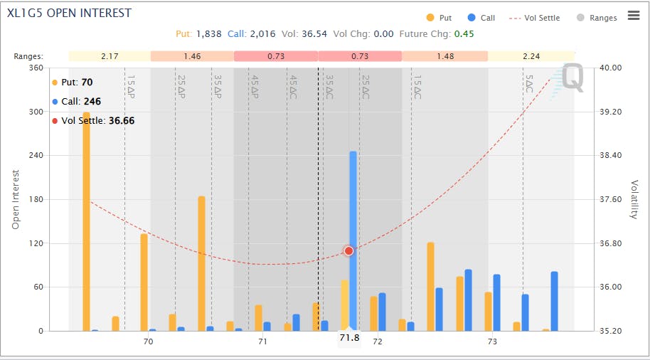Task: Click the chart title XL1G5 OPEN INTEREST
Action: [69, 14]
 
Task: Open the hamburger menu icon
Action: [634, 16]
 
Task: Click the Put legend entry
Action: [439, 18]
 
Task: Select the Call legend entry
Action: [481, 18]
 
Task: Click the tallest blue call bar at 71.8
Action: [353, 242]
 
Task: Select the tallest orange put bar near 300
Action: [87, 221]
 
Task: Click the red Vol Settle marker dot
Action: [348, 251]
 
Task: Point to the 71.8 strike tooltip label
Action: [349, 338]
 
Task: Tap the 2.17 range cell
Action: [110, 56]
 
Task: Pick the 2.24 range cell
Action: [531, 56]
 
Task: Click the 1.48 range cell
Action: [444, 56]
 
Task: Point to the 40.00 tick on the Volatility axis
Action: [611, 68]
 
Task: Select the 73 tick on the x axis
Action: [492, 342]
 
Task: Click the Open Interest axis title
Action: [16, 199]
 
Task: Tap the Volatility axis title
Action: [634, 199]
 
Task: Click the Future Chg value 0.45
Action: [464, 33]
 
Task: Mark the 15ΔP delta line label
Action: [131, 87]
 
